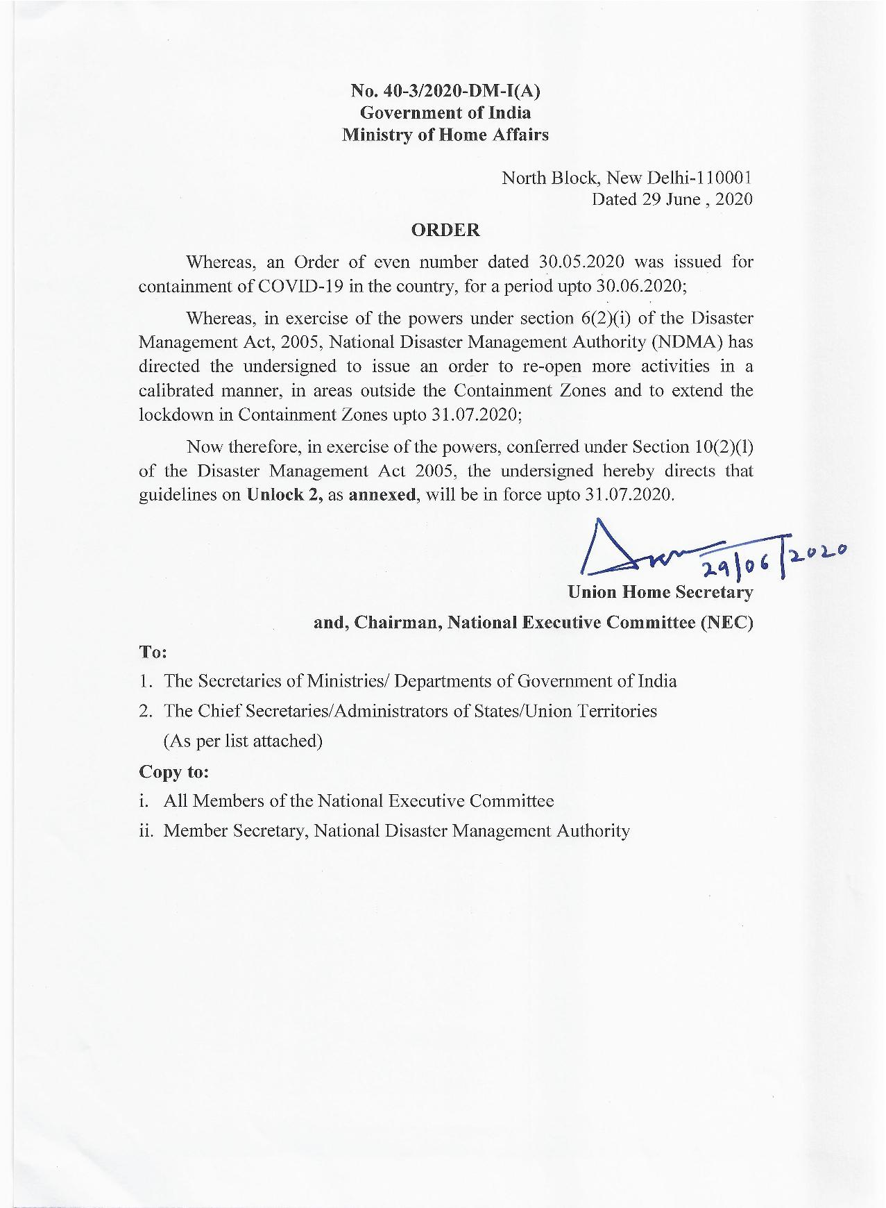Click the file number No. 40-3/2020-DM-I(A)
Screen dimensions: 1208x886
coord(445,90)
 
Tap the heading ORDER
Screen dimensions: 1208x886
coord(445,230)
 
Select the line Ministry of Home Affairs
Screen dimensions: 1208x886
coord(445,135)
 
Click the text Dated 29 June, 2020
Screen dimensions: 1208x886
coord(672,199)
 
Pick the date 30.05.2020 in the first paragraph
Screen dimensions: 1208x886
coord(581,262)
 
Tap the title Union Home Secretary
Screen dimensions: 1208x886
coord(660,592)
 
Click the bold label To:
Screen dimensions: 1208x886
coord(153,653)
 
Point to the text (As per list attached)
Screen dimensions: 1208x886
coord(243,741)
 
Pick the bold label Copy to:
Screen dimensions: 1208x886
coord(174,771)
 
